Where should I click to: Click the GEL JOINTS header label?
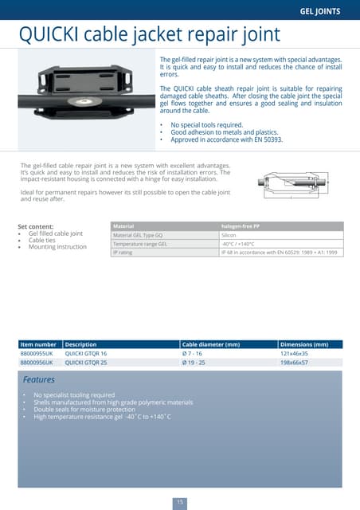point(319,11)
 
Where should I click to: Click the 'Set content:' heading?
point(36,226)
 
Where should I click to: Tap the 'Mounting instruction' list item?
point(57,247)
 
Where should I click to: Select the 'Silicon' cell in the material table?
point(229,236)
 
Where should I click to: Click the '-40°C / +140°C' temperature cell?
point(238,244)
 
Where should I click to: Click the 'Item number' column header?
point(38,345)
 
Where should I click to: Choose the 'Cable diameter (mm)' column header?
point(211,345)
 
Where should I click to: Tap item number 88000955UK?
point(37,353)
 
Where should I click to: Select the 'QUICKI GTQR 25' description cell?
point(86,362)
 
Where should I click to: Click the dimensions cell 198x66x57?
point(294,362)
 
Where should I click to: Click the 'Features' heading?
point(39,379)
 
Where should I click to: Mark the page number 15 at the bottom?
point(180,501)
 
